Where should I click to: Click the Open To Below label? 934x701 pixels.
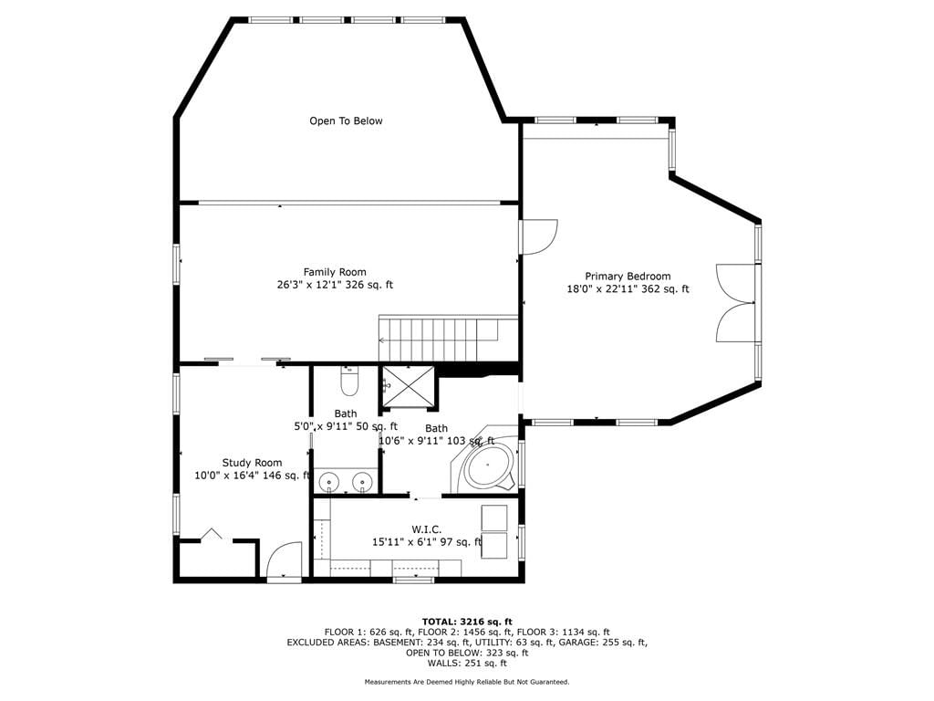click(x=346, y=121)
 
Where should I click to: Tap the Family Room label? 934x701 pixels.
click(x=335, y=272)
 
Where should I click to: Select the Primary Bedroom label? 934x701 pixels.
click(x=628, y=276)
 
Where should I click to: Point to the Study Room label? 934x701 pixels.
click(x=252, y=463)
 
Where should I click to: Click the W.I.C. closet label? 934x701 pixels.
click(x=427, y=529)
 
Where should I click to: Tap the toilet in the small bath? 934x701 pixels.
click(x=349, y=381)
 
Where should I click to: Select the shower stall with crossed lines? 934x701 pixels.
click(x=409, y=386)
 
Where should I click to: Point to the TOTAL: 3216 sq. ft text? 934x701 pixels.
click(x=467, y=622)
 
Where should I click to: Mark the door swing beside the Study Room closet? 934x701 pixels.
click(x=284, y=560)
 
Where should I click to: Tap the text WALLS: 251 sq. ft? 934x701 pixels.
click(x=467, y=663)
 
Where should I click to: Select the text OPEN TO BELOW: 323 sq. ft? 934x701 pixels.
click(x=467, y=653)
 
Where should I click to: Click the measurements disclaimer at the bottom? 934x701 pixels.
click(x=467, y=682)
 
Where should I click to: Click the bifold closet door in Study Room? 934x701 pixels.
click(x=211, y=533)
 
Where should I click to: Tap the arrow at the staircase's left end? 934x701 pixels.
click(x=382, y=340)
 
